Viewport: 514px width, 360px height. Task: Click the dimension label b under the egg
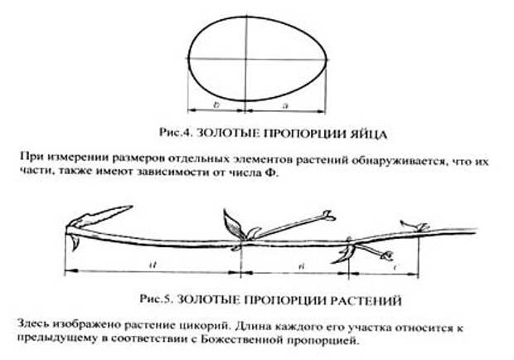click(216, 105)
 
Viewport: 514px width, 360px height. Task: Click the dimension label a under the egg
click(285, 105)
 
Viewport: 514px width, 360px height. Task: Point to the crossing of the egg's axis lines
click(246, 59)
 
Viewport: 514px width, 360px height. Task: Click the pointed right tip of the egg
click(327, 60)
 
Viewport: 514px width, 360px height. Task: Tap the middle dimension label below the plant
click(302, 266)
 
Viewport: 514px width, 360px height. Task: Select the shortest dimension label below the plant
click(395, 268)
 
